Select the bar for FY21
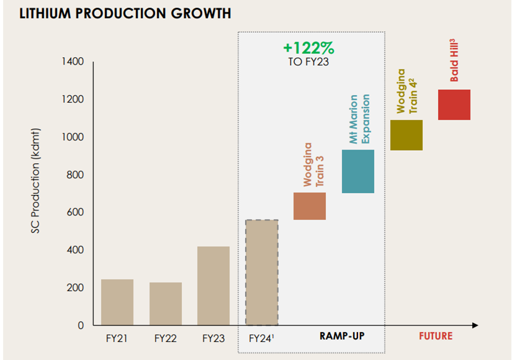click(x=117, y=302)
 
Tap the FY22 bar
click(x=165, y=304)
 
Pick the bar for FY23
click(x=213, y=286)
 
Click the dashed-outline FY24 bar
click(x=261, y=272)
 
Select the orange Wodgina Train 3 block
click(x=310, y=206)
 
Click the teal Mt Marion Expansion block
click(x=358, y=171)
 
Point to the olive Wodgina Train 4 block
click(x=406, y=135)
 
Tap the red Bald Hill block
click(x=454, y=105)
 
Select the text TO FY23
click(x=308, y=62)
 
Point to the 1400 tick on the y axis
click(x=73, y=62)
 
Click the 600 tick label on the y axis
click(x=76, y=213)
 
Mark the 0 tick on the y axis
click(x=81, y=325)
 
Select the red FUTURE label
click(x=435, y=336)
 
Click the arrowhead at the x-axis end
click(x=475, y=325)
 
